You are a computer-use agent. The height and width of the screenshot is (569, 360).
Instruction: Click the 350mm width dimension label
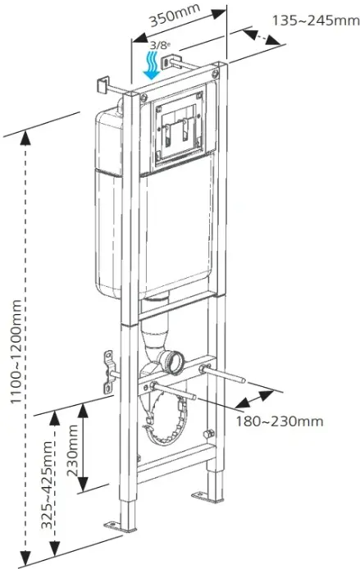(x=175, y=16)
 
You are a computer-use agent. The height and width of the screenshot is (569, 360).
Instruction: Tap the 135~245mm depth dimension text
(x=316, y=20)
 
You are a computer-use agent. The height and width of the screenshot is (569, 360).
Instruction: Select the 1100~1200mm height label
(x=16, y=351)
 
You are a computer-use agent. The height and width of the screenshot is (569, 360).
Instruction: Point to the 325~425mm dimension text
(x=47, y=485)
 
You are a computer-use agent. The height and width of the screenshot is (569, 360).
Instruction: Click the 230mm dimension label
(x=73, y=450)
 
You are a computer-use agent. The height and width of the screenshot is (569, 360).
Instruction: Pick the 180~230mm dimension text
(x=280, y=421)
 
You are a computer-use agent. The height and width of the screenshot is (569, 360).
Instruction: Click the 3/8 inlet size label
(x=160, y=46)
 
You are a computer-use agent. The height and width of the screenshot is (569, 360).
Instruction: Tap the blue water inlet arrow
(x=152, y=65)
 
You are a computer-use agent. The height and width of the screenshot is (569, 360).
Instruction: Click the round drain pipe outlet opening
(x=177, y=363)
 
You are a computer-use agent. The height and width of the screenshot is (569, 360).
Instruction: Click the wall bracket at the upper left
(x=103, y=85)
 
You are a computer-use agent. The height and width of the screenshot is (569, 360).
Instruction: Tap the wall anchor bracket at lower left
(x=108, y=371)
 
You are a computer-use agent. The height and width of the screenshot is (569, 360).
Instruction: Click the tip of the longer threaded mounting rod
(x=244, y=380)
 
